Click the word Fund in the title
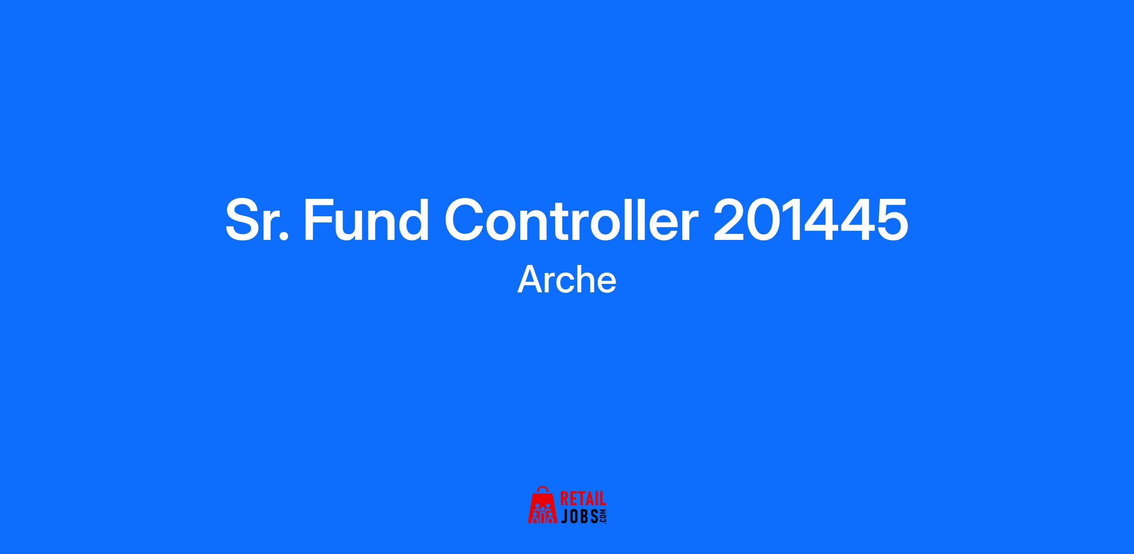[366, 220]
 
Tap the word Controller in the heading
[571, 220]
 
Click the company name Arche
[567, 280]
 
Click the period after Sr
[283, 236]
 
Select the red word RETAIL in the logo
[583, 499]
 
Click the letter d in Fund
[413, 220]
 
